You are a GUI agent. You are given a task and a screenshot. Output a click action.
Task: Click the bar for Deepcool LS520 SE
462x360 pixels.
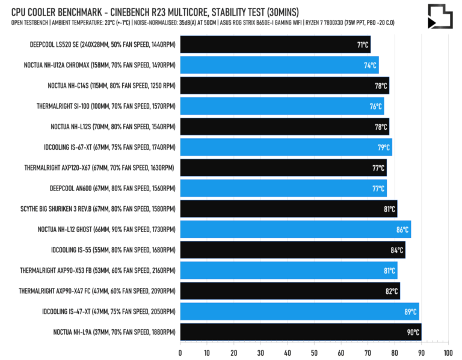275,44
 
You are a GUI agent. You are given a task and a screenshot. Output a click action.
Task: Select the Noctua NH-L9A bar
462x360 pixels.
300,332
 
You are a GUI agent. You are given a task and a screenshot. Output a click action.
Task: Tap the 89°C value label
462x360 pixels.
410,311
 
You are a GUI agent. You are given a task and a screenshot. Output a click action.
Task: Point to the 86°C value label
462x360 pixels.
402,229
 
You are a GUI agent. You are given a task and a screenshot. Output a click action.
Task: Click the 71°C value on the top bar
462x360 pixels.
363,44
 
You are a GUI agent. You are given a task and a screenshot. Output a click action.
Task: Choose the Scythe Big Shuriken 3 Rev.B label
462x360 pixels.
97,209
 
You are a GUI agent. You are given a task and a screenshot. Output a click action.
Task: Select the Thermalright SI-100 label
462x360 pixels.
106,106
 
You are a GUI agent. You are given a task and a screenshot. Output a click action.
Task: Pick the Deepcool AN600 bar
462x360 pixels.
283,188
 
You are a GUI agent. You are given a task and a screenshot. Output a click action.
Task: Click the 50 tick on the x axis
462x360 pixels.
314,352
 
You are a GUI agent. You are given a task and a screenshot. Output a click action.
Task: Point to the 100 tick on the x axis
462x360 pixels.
448,352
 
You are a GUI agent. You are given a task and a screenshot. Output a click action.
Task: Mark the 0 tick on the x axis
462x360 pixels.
180,352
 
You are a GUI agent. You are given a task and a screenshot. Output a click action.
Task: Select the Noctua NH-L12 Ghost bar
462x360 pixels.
295,229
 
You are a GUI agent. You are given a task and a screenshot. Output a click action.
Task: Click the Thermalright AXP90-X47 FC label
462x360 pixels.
97,291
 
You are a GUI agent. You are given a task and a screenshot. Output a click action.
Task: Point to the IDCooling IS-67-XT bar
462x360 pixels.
286,147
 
